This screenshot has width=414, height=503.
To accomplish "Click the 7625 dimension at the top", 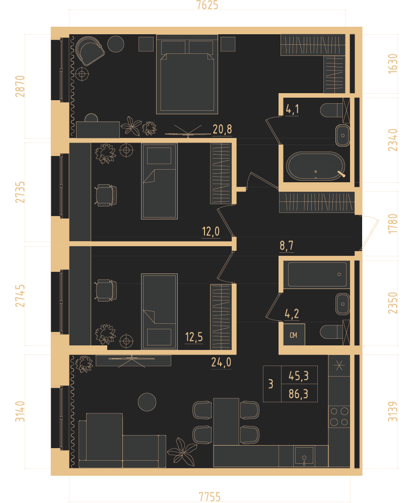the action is click(207, 5).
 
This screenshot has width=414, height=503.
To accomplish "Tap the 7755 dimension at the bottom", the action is click(210, 496).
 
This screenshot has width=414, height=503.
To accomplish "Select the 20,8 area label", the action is click(222, 129).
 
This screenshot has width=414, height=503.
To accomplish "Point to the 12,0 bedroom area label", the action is click(211, 231).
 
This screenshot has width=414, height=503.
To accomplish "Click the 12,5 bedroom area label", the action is click(194, 337).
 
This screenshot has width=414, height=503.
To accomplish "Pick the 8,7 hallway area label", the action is click(286, 246).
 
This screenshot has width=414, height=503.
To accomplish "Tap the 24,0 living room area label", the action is click(221, 362).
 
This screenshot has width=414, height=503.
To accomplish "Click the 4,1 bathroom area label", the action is click(292, 109).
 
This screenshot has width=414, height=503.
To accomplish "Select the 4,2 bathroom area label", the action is click(292, 313).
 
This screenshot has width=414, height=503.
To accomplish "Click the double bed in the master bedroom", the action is click(187, 74).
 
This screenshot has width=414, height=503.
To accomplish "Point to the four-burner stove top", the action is click(339, 416).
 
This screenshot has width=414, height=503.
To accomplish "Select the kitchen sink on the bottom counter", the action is click(304, 456).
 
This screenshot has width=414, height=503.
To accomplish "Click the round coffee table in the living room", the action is click(147, 402).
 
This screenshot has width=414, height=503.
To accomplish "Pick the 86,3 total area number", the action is click(298, 394).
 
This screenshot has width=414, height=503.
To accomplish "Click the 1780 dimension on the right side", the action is click(392, 224).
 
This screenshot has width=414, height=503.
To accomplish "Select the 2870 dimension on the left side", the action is click(20, 86).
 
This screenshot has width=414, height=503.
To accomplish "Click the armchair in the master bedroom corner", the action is click(90, 51).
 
